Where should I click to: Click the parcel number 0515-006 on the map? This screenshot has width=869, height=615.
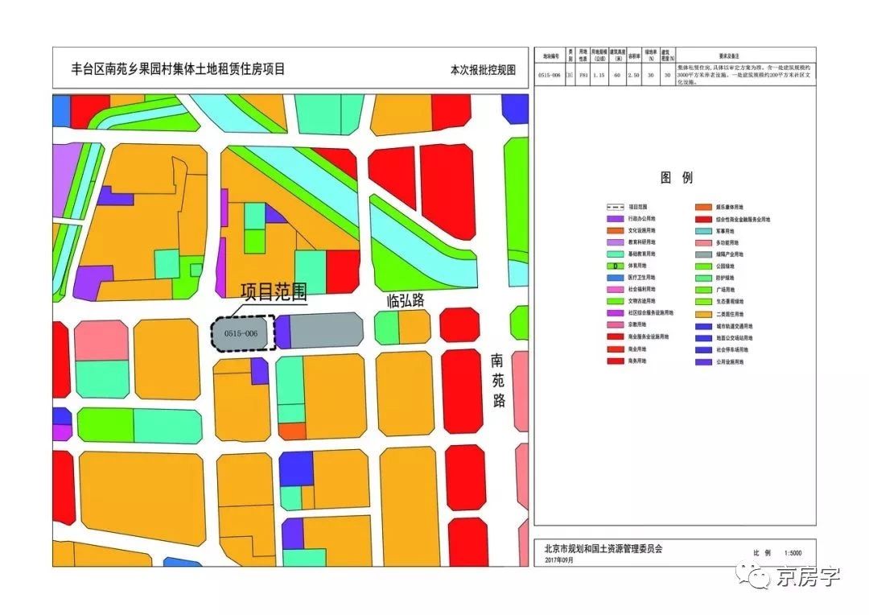point(241,333)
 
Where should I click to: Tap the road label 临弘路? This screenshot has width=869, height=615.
point(406,301)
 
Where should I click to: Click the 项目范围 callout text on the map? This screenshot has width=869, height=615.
point(274,291)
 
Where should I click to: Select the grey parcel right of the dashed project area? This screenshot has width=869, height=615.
point(326,330)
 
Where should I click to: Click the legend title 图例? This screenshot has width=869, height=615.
point(676,178)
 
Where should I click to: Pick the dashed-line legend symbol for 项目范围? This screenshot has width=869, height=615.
point(615,208)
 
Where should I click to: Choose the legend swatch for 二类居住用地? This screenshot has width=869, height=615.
point(701,314)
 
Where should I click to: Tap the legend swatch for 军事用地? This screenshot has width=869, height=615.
point(701,231)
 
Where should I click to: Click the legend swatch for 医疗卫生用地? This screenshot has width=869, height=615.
point(615,278)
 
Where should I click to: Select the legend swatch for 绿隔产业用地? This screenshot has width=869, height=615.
point(701,254)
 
